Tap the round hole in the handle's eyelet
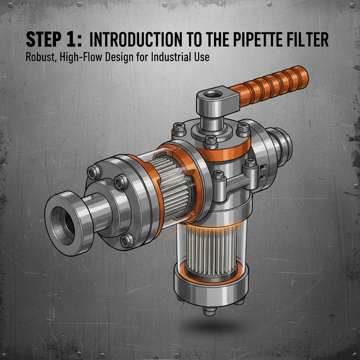[212, 95]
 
